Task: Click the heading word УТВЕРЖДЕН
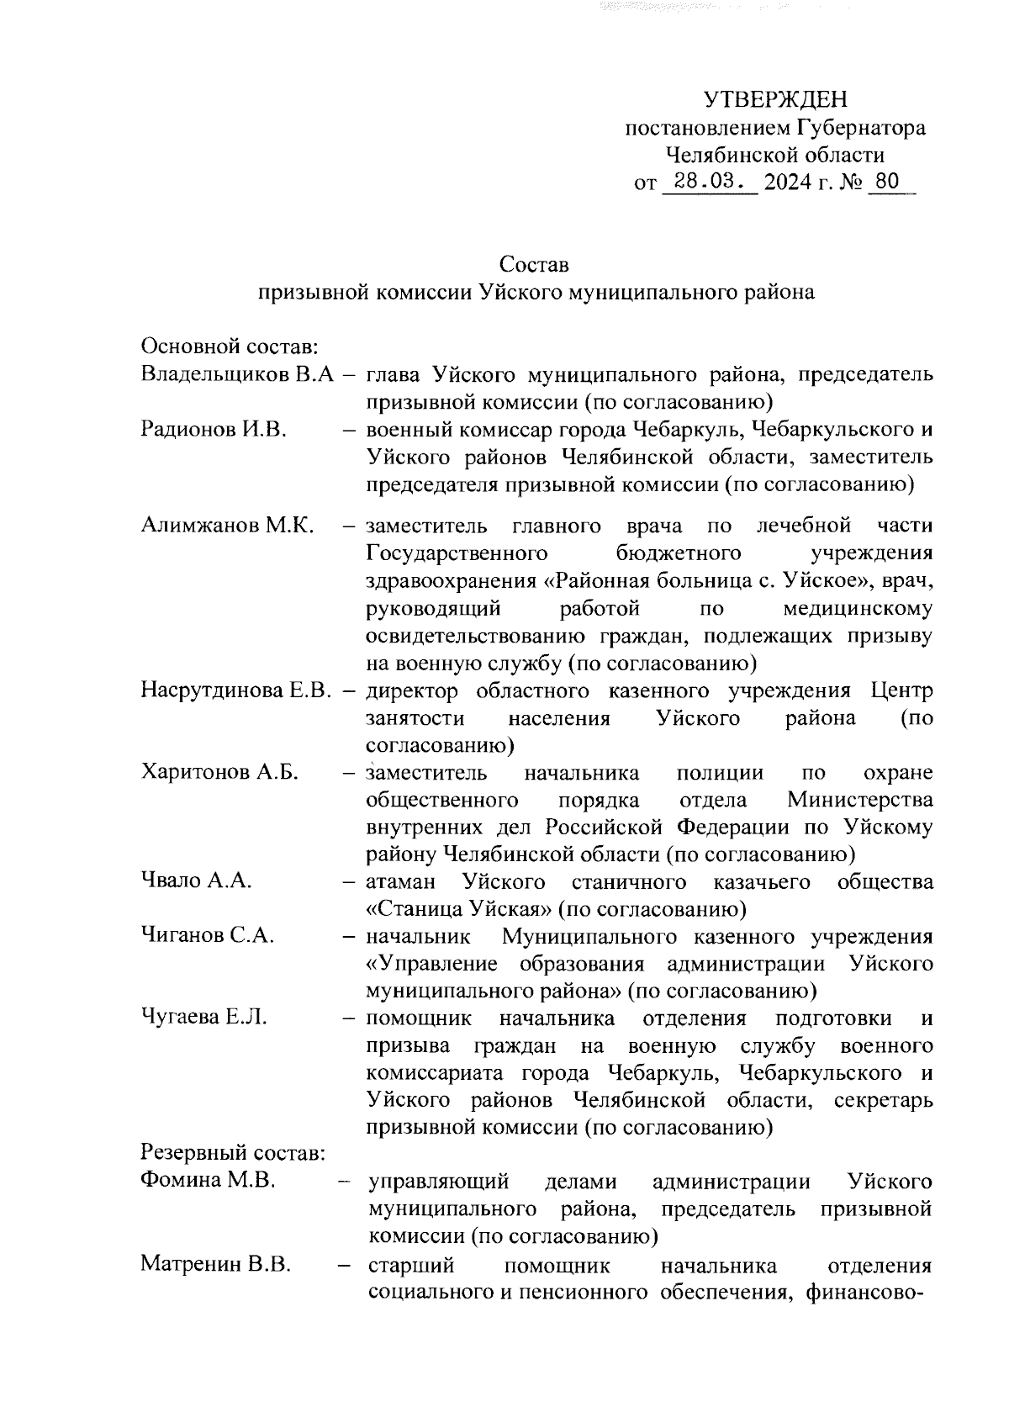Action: [774, 100]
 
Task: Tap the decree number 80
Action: [887, 182]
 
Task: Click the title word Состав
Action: [534, 265]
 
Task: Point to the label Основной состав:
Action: [228, 346]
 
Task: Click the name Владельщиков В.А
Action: [238, 374]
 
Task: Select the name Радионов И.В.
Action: [214, 429]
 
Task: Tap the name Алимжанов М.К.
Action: [227, 526]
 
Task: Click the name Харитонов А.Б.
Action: [220, 772]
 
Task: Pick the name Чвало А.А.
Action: [197, 881]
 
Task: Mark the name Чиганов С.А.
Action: [208, 936]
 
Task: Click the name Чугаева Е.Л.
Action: [204, 1018]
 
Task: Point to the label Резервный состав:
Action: [233, 1152]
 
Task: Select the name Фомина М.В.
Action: [208, 1181]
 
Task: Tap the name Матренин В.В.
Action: [215, 1264]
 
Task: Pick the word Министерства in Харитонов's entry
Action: [860, 800]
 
